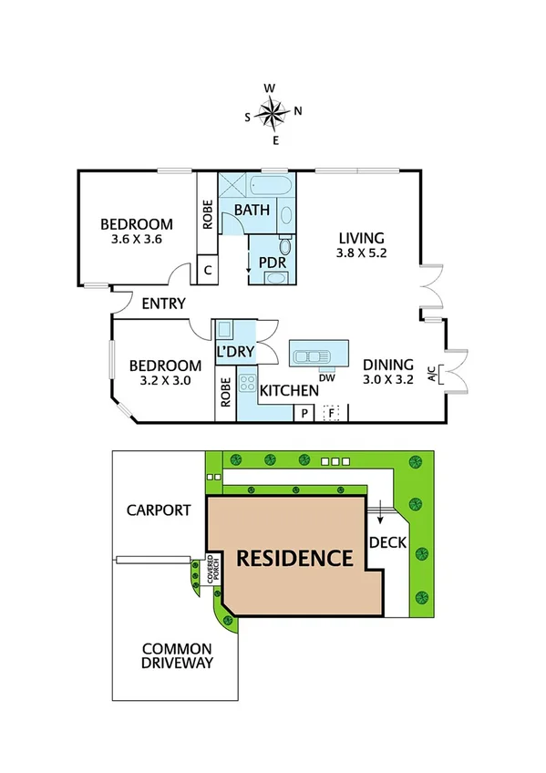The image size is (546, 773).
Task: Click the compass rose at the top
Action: coord(272,113)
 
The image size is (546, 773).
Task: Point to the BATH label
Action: coord(252,211)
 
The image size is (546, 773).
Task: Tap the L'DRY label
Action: coord(234,352)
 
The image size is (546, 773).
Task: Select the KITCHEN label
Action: coord(289,391)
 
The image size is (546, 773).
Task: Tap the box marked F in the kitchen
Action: coord(332,413)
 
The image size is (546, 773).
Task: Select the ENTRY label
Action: coord(163,304)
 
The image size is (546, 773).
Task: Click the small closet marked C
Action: coord(208,270)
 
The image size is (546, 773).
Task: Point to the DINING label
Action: coord(388,363)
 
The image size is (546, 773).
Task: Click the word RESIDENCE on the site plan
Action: coord(294,558)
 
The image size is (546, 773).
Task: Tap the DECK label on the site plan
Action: coord(387,541)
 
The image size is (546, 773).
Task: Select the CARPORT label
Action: coord(159,510)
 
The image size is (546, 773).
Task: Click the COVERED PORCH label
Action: coord(211,569)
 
